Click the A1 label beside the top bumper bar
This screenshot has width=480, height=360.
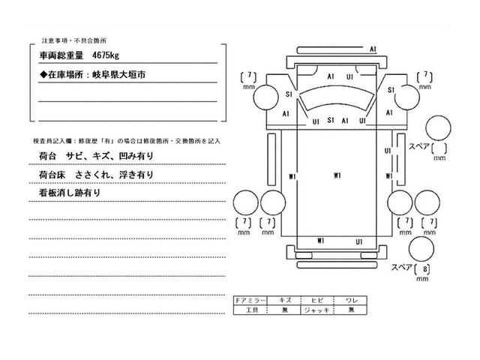coord(373,49)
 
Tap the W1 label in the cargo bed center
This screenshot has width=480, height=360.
coord(338,175)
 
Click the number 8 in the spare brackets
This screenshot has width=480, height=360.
coord(425,270)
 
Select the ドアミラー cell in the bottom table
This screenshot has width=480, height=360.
coord(249,298)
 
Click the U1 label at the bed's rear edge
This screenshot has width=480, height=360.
coord(359,241)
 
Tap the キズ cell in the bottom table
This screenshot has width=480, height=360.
coord(283,298)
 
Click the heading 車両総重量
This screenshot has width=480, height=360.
coord(61,55)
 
